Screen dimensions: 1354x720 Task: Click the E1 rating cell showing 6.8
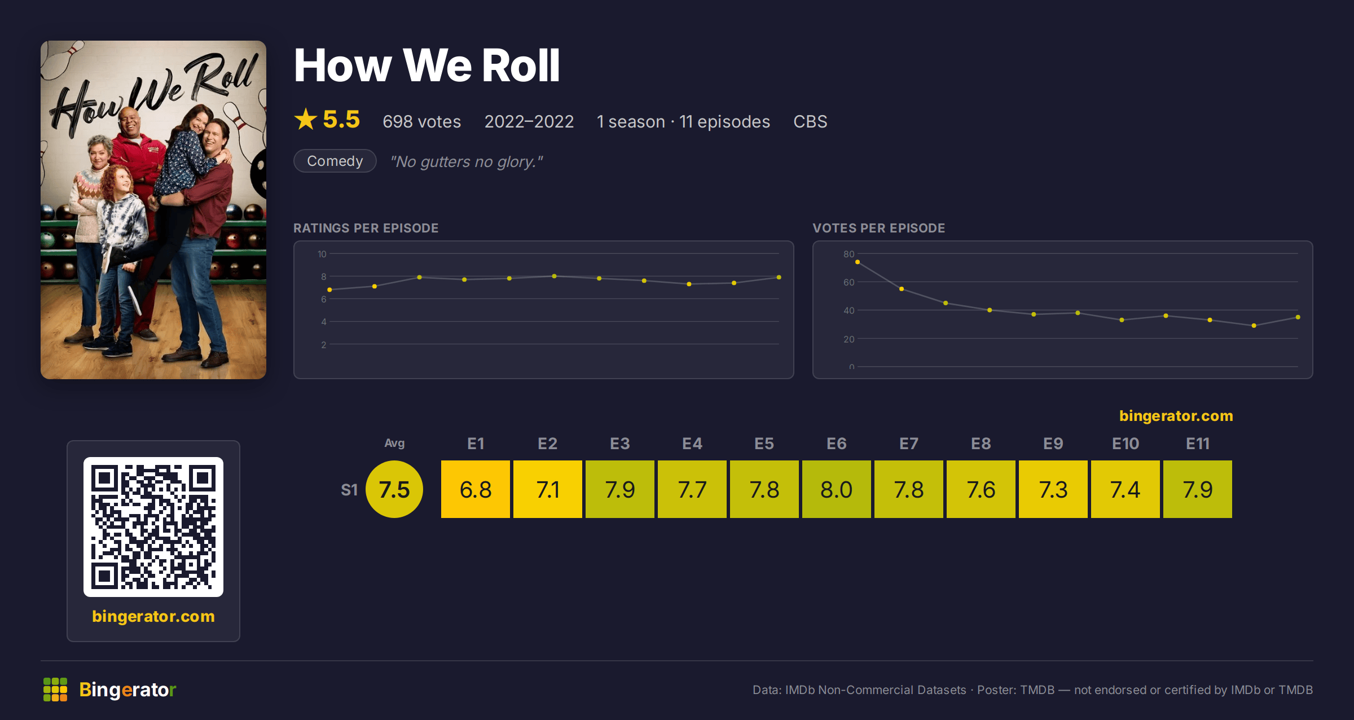tap(476, 489)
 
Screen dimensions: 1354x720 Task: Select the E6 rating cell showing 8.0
tap(837, 489)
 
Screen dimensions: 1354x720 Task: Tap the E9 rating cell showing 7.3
tap(1053, 489)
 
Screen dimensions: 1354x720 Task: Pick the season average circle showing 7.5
tap(394, 489)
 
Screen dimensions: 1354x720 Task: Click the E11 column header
tap(1198, 444)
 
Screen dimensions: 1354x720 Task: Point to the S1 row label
tap(349, 490)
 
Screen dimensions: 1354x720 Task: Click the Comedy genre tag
tap(335, 161)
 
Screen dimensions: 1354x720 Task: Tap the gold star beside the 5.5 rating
tap(306, 119)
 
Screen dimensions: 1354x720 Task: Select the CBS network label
tap(810, 121)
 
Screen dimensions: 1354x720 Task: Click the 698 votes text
tap(421, 121)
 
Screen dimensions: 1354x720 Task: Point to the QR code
tap(153, 527)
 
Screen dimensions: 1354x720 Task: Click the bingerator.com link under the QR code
tap(153, 616)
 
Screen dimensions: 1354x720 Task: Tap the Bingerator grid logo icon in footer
tap(55, 690)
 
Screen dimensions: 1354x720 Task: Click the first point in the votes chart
tap(858, 262)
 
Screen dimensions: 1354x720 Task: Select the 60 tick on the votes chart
tap(849, 282)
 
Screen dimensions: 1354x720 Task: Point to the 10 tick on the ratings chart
tap(322, 254)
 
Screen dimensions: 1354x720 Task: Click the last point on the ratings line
tap(779, 277)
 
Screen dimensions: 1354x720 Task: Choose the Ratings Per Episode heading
tap(366, 228)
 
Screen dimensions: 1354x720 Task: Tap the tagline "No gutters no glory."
tap(467, 161)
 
